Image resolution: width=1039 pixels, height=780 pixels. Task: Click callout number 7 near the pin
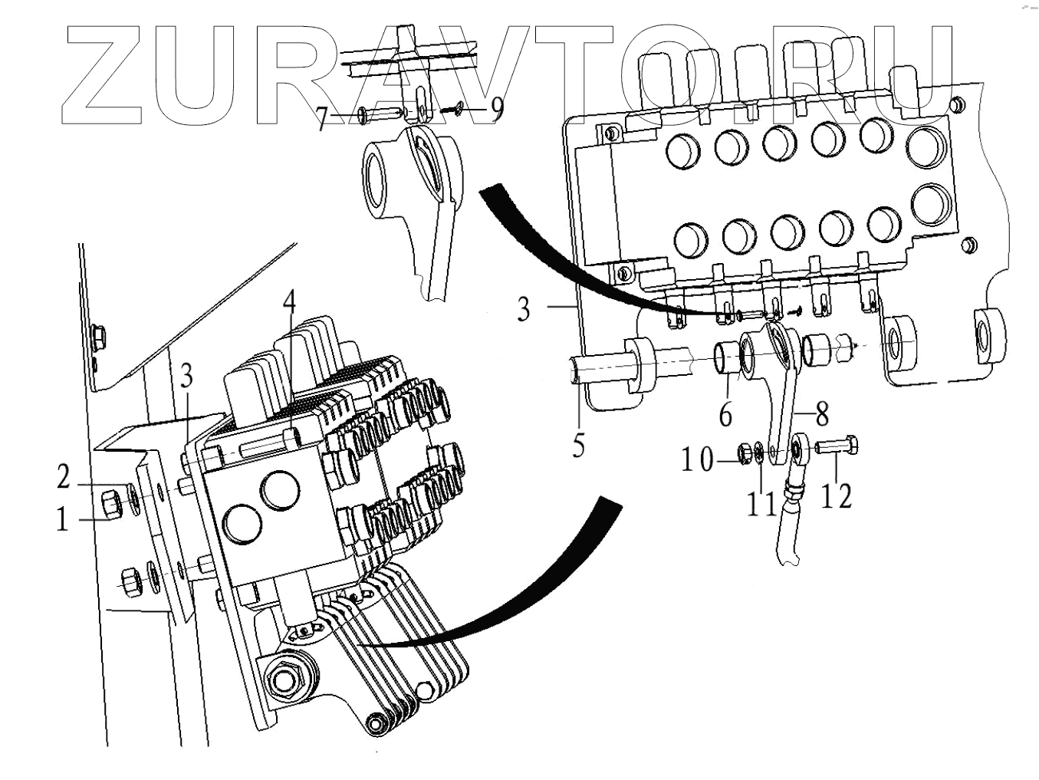(x=324, y=119)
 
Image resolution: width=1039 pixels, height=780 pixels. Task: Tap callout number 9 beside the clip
(x=497, y=110)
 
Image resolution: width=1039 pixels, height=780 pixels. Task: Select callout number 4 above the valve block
(x=288, y=306)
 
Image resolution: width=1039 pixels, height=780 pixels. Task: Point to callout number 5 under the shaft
(x=579, y=445)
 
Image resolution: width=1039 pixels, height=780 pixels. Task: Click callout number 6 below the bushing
(x=725, y=414)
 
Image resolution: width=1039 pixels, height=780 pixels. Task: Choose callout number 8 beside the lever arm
(x=821, y=414)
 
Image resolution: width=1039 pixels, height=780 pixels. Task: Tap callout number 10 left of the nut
(x=698, y=461)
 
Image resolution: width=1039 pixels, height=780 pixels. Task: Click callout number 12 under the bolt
(x=836, y=496)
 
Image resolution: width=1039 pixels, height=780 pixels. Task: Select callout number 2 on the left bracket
(x=64, y=477)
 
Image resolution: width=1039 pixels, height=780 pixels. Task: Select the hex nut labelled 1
(x=110, y=505)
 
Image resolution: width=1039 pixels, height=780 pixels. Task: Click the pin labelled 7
(x=376, y=114)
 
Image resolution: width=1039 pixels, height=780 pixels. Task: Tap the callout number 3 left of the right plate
(x=523, y=309)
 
